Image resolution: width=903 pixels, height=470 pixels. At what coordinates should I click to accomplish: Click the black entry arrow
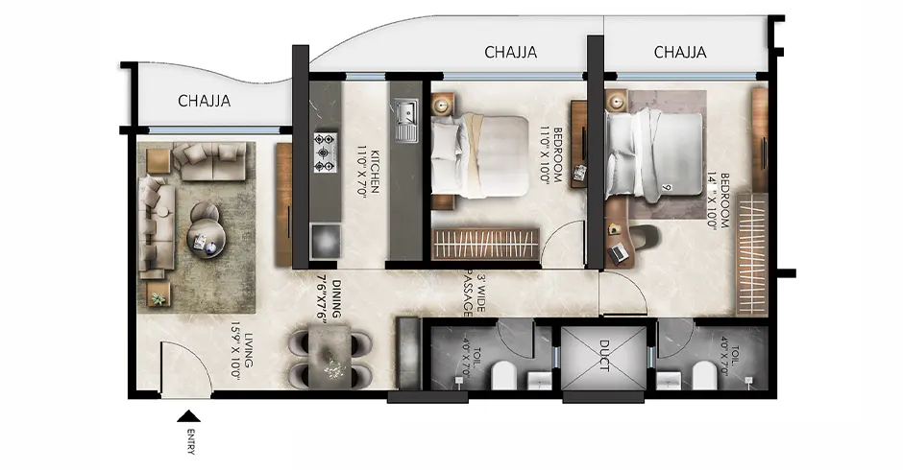point(189,415)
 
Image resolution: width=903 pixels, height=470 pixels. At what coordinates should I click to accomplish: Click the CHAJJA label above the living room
point(205,101)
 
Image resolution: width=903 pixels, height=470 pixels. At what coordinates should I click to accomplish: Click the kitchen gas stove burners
point(325,152)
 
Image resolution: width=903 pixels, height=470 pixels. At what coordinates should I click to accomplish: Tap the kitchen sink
point(404,119)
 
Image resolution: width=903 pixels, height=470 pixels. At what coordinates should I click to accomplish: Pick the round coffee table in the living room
point(207,233)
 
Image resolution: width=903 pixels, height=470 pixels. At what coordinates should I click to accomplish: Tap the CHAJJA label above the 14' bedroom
point(680,53)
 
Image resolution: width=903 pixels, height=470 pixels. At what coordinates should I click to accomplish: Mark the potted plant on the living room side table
point(158,297)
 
